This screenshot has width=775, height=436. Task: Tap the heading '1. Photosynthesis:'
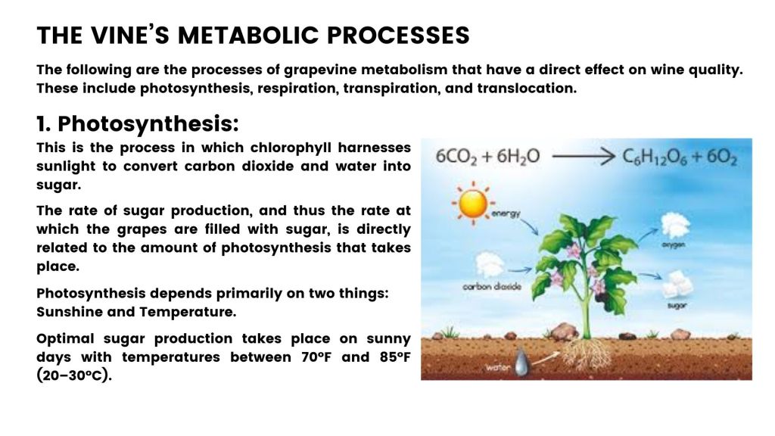(138, 123)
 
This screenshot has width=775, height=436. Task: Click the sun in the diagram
(472, 203)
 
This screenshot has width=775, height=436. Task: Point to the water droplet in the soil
(522, 363)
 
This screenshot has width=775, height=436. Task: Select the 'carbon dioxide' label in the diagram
(492, 286)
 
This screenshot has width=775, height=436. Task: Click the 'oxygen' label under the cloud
(673, 244)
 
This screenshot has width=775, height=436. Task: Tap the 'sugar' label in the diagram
(677, 306)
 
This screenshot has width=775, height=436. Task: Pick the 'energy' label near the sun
(506, 213)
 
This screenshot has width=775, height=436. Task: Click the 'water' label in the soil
(498, 367)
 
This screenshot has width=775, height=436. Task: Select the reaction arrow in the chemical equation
(584, 157)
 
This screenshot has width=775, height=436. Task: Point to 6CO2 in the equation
(456, 157)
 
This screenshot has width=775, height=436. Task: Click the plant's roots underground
(587, 354)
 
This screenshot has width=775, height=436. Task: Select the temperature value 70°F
(316, 357)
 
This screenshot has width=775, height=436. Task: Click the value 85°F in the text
(395, 357)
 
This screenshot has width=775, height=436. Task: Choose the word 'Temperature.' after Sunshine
(188, 312)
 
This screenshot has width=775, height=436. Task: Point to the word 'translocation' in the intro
(526, 89)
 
